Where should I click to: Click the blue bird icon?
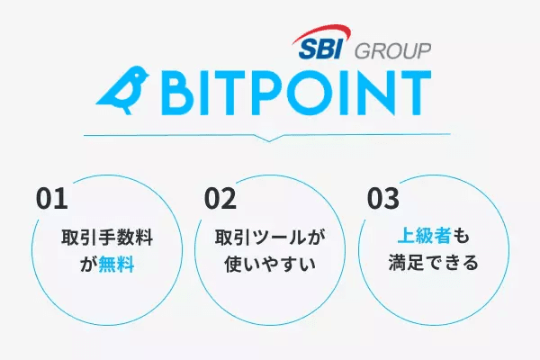pos(124,88)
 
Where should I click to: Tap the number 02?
pos(220,197)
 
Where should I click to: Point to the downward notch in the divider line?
pos(266,139)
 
